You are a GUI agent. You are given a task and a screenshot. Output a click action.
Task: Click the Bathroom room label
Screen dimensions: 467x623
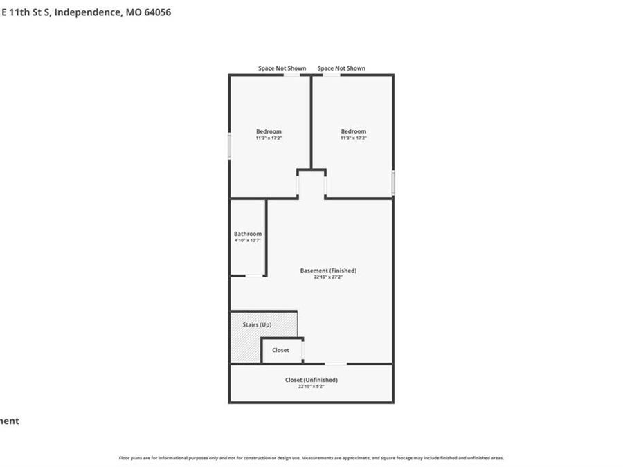pos(248,234)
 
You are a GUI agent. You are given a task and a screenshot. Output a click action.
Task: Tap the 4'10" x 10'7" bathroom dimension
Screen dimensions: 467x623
pos(248,241)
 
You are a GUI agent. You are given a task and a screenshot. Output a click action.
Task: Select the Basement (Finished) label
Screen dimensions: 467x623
pos(328,271)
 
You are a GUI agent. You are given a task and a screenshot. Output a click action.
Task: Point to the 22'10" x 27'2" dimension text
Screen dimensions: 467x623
pos(328,277)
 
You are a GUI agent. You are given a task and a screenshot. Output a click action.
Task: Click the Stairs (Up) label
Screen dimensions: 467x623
pos(256,324)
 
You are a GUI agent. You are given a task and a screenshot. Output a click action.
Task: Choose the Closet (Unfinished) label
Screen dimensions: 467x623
pos(311,380)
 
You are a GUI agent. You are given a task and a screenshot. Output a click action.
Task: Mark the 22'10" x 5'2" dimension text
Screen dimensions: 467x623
pos(311,386)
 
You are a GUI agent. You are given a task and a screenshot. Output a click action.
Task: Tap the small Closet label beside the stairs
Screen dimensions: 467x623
pos(280,350)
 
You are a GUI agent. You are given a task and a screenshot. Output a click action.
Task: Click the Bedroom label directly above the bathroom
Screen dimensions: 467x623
pos(269,131)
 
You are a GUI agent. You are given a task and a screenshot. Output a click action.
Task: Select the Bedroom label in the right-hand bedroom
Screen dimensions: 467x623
pos(353,131)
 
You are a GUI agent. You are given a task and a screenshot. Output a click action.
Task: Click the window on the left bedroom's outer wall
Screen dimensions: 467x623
pos(230,147)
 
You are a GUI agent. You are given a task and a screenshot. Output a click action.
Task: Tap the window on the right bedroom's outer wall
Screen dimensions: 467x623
pos(393,183)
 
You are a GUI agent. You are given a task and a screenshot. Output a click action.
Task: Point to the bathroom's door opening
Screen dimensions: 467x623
pos(255,276)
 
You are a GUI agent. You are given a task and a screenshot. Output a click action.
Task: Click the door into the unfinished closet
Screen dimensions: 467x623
pos(336,363)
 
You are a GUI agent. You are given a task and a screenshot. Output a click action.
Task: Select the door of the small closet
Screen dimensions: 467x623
pos(303,351)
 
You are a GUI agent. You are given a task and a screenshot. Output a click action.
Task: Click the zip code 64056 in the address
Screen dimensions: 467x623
pos(156,12)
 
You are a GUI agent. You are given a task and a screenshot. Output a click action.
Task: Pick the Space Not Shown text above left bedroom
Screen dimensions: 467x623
pos(282,68)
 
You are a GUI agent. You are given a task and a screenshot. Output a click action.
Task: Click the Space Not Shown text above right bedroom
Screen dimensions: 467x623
pos(341,68)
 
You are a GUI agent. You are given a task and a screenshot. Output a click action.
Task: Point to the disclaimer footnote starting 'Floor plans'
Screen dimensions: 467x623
pos(311,458)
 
